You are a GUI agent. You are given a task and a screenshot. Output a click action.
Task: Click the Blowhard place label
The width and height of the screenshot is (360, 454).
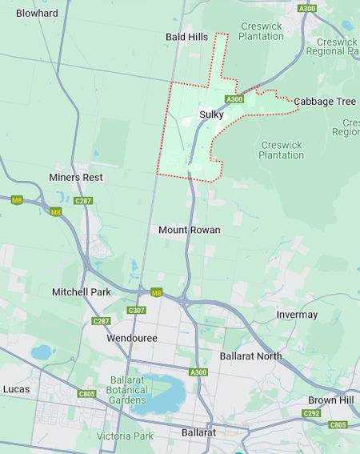click(x=37, y=13)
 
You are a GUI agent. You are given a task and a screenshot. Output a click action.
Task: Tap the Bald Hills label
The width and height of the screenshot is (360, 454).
click(x=186, y=37)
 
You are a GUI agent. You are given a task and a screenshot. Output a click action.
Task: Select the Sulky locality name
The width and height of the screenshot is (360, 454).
click(x=211, y=115)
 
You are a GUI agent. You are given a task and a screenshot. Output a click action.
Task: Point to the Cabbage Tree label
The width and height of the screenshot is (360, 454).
click(x=324, y=102)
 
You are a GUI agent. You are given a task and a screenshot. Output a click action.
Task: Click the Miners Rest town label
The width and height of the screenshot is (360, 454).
click(x=76, y=177)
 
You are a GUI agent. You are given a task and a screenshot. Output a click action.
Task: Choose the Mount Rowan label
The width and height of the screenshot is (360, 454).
click(x=189, y=230)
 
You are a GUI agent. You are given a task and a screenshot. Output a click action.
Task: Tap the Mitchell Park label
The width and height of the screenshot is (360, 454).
click(x=82, y=292)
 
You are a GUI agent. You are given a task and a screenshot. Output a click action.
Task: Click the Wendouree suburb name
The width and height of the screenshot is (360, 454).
click(x=132, y=339)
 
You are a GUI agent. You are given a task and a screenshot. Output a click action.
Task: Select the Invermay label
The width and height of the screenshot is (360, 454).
click(x=297, y=315)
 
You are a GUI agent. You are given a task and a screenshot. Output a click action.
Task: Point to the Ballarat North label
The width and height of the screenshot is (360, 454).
click(x=250, y=356)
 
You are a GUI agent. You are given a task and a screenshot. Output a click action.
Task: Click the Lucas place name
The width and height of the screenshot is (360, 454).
click(x=16, y=389)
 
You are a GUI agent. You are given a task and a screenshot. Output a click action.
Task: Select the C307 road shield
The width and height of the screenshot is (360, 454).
click(x=137, y=310)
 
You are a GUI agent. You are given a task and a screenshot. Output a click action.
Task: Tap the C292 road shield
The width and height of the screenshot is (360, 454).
click(x=312, y=413)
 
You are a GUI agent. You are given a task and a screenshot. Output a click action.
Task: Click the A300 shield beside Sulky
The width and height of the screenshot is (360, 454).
click(x=234, y=99)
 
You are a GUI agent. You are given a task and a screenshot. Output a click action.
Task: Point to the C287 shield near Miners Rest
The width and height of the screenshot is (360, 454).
click(x=83, y=201)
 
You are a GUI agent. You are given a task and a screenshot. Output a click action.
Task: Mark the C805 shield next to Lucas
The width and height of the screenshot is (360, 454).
click(x=87, y=394)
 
